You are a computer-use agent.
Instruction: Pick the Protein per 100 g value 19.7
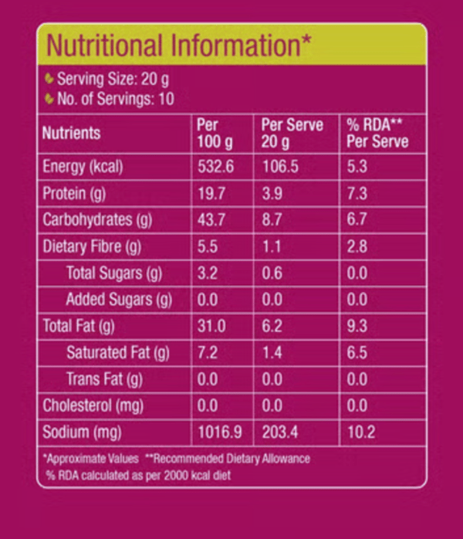coord(211,193)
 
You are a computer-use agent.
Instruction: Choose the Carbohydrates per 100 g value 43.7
coord(211,219)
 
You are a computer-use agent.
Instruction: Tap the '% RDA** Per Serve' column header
coord(377,133)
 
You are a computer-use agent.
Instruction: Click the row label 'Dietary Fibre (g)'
coord(92,246)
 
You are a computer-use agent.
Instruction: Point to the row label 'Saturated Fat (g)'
coord(117,353)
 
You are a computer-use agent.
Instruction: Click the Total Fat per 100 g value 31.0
coord(211,326)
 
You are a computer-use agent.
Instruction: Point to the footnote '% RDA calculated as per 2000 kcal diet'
coord(138,476)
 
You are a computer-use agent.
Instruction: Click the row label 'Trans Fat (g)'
coord(104,379)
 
